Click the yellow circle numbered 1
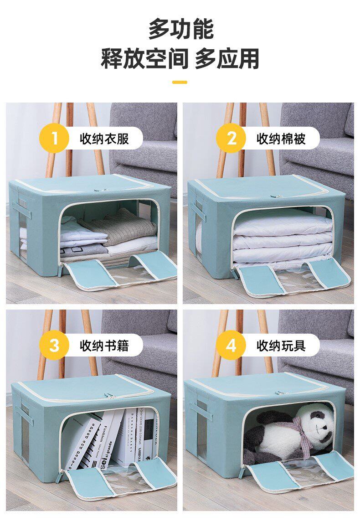54,138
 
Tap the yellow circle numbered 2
231,138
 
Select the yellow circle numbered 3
54,345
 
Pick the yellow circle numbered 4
231,345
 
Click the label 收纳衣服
104,139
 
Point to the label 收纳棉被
281,139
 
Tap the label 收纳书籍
104,346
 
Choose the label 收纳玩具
281,346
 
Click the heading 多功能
180,29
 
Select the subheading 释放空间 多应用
180,58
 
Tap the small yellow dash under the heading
180,82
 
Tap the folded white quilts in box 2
282,238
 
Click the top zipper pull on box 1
98,190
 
